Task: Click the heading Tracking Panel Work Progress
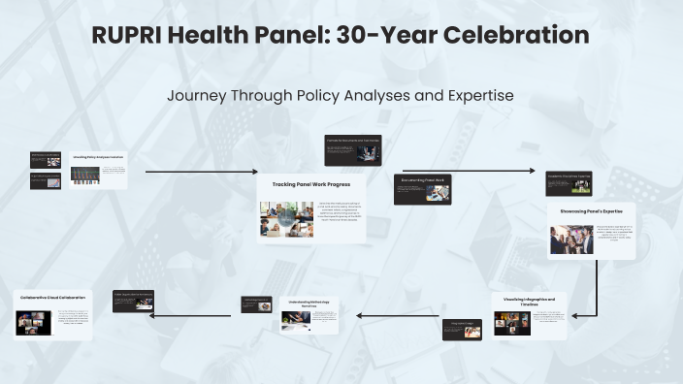coord(311,184)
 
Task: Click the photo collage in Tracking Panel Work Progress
coord(286,219)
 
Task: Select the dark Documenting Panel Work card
coord(422,189)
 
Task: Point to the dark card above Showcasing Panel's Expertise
coord(569,183)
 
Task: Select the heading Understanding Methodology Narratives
coord(309,304)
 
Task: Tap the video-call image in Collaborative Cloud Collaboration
coord(33,323)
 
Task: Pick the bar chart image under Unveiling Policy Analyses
coord(85,175)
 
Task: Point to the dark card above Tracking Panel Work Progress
coord(353,149)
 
